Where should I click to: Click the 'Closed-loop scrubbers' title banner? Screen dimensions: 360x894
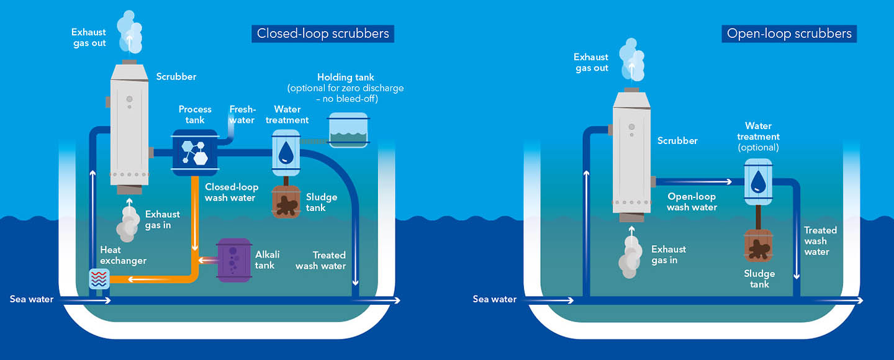pyautogui.click(x=323, y=33)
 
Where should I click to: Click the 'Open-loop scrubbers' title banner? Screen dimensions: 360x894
pyautogui.click(x=789, y=33)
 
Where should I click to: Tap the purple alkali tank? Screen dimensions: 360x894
pyautogui.click(x=233, y=260)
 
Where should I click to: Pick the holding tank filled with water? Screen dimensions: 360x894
pyautogui.click(x=348, y=131)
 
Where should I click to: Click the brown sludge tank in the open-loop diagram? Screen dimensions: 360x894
pyautogui.click(x=758, y=246)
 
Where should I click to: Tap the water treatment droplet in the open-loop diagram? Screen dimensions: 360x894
pyautogui.click(x=758, y=181)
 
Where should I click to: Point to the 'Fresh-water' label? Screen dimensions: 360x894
pyautogui.click(x=242, y=114)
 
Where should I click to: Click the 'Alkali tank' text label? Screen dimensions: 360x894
pyautogui.click(x=268, y=260)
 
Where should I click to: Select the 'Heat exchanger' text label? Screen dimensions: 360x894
pyautogui.click(x=124, y=255)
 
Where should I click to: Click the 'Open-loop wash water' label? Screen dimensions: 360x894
pyautogui.click(x=691, y=202)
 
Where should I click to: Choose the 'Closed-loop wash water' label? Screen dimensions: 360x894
pyautogui.click(x=230, y=192)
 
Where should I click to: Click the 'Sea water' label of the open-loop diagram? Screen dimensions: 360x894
pyautogui.click(x=495, y=299)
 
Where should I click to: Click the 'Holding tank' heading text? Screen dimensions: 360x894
pyautogui.click(x=346, y=77)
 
